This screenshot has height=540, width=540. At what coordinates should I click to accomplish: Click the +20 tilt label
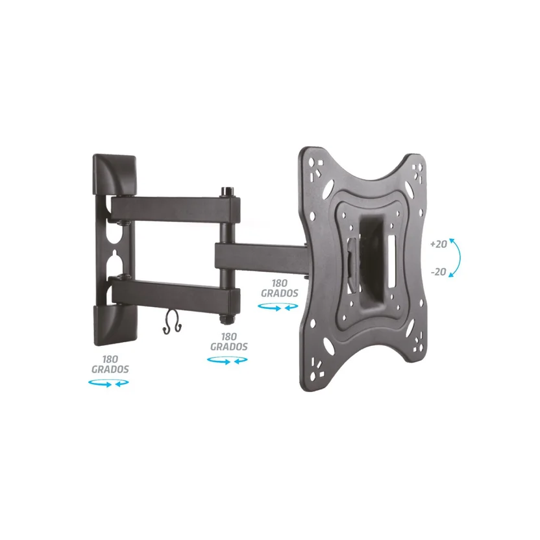[438, 244]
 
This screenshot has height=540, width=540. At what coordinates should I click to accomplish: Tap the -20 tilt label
[438, 272]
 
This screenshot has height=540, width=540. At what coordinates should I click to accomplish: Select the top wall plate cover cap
[115, 175]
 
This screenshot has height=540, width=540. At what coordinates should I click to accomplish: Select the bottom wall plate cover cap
[116, 325]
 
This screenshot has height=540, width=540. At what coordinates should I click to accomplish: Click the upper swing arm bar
[175, 210]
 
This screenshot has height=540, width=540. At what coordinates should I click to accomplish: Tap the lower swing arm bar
[175, 293]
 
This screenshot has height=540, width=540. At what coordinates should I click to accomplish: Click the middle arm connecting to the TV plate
[262, 256]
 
